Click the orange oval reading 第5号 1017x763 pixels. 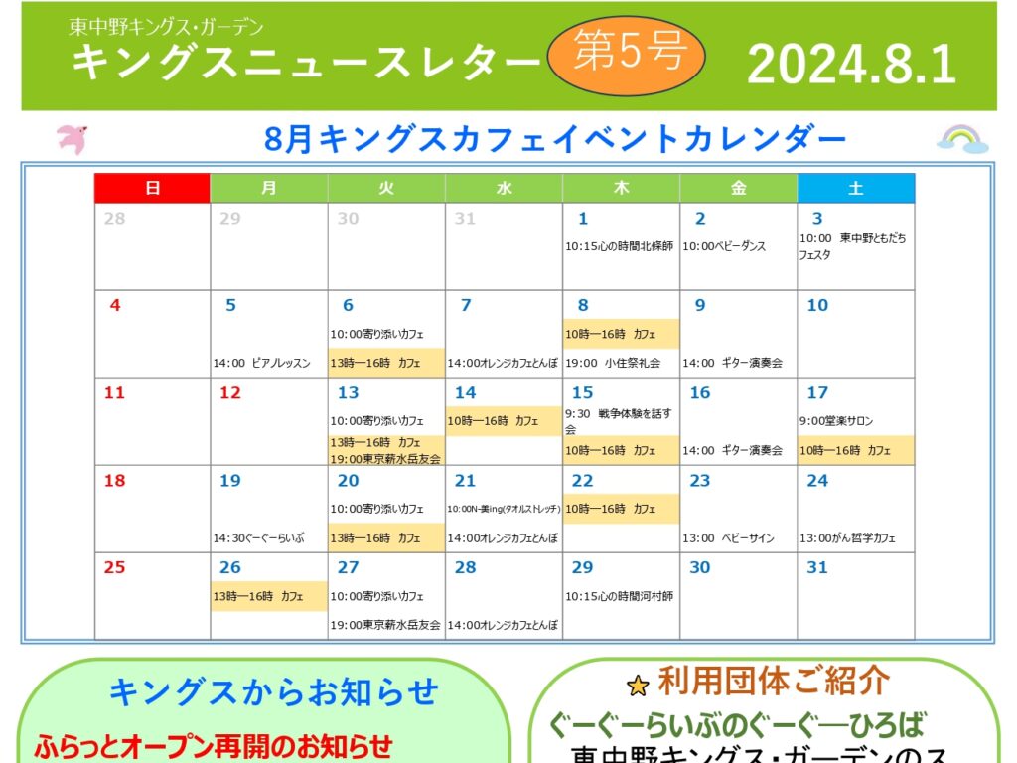pos(627,55)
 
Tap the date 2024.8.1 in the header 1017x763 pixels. pos(851,64)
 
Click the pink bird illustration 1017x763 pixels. pos(73,139)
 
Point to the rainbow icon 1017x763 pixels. pos(962,139)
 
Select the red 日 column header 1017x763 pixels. pos(152,188)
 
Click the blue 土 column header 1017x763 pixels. pos(856,188)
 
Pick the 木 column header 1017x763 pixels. pos(621,188)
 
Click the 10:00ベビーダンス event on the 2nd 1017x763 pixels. pos(724,246)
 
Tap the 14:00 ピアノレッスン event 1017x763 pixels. pos(262,363)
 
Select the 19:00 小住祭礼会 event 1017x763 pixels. pos(613,363)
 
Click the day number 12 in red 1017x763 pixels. pos(230,392)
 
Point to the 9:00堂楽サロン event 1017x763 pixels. pos(836,421)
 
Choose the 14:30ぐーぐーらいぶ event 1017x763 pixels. pos(259,537)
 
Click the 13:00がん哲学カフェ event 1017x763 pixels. pos(847,537)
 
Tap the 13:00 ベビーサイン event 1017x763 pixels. pos(728,537)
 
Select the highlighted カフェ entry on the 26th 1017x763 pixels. pos(268,596)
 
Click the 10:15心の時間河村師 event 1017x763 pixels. pos(620,596)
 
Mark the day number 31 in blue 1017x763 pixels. pos(817,567)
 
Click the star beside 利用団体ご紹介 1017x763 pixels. pos(639,686)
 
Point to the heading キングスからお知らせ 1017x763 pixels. pos(274,691)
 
